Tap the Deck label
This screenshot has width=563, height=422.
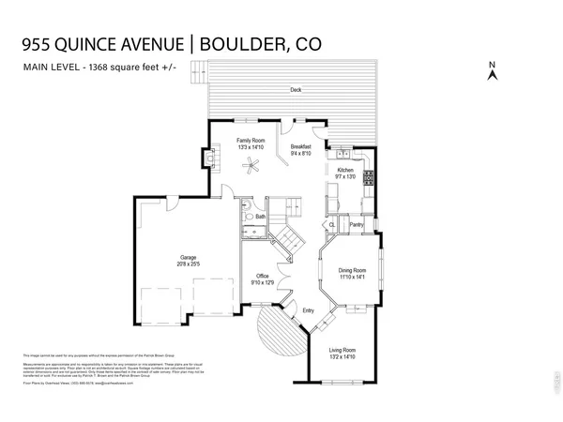[x=296, y=91]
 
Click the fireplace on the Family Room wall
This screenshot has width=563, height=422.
[x=208, y=161]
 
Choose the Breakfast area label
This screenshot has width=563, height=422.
[x=301, y=147]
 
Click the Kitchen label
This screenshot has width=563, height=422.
[x=345, y=170]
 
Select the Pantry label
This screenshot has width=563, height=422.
[x=356, y=225]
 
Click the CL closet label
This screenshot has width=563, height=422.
[x=332, y=225]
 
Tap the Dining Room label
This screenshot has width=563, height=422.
[x=351, y=270]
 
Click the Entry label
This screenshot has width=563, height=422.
[x=307, y=310]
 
